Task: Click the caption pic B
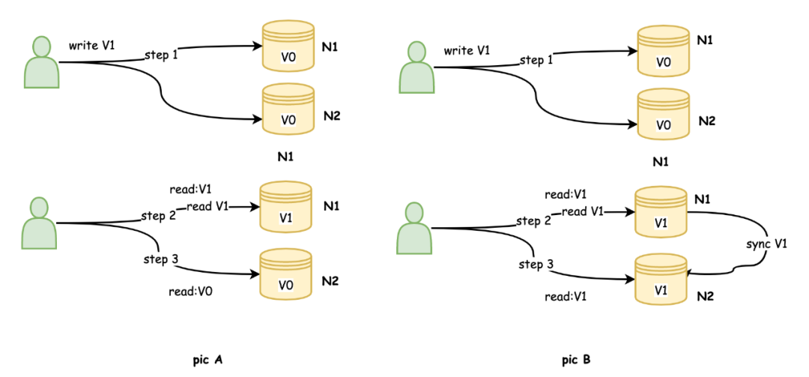[x=576, y=361]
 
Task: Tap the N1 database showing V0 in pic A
[x=288, y=47]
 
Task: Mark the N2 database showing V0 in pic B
[x=662, y=115]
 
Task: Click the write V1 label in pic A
[x=92, y=46]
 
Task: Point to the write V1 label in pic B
[x=467, y=51]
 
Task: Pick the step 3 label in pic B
[x=536, y=265]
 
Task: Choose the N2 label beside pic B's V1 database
[x=704, y=296]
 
